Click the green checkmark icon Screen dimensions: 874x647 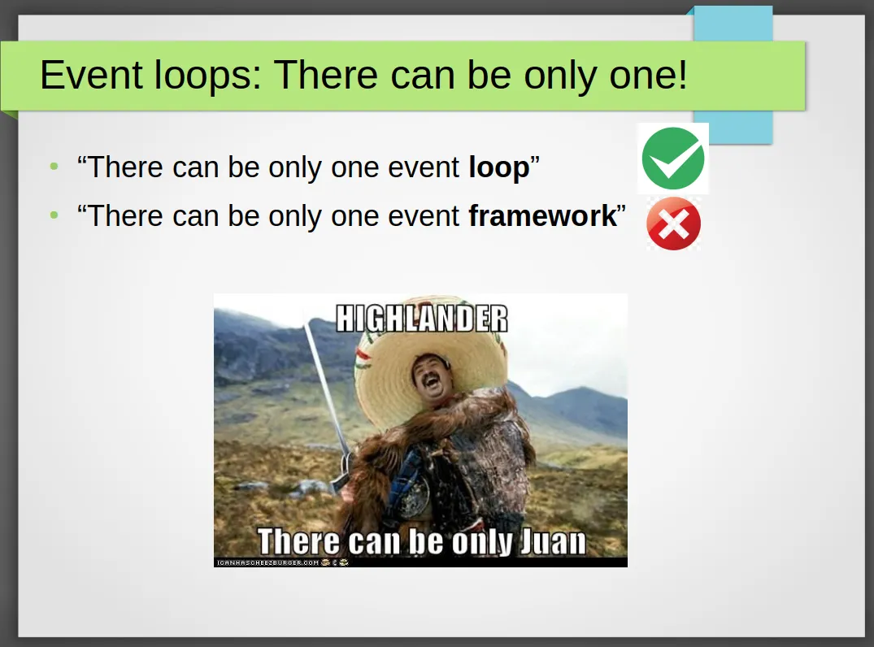[673, 158]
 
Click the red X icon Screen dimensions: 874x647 [673, 224]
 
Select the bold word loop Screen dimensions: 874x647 [499, 167]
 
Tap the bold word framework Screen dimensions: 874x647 [542, 215]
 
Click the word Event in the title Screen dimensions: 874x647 [91, 75]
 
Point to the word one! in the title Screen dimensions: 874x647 [648, 75]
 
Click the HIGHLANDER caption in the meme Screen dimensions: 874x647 [422, 318]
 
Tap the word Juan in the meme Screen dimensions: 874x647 [553, 541]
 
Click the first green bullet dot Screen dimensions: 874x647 [54, 166]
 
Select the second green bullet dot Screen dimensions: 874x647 [54, 215]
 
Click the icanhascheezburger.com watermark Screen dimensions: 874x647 [267, 562]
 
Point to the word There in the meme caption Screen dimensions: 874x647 [298, 541]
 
